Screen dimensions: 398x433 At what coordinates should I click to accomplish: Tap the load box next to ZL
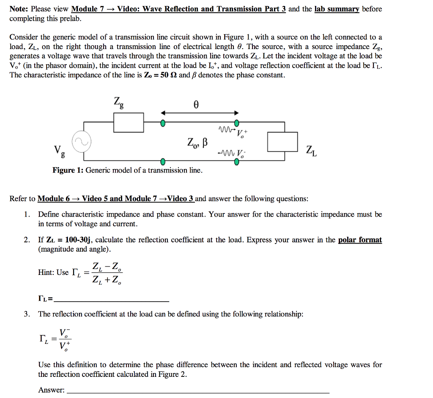coord(282,142)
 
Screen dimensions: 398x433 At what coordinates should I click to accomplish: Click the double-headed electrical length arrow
coord(199,113)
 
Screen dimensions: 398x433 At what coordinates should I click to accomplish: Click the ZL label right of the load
coord(311,150)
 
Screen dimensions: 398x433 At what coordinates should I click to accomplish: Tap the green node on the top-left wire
coord(162,123)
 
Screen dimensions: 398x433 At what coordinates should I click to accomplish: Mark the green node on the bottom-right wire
coord(237,163)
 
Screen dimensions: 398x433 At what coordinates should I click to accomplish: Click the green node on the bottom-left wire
coord(162,161)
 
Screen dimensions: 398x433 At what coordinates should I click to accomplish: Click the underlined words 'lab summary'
coord(337,9)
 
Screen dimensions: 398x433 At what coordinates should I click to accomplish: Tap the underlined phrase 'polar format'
coord(360,240)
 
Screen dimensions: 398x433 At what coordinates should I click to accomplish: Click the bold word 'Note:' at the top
coord(19,9)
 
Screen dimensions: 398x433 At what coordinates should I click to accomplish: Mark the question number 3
coord(27,314)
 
